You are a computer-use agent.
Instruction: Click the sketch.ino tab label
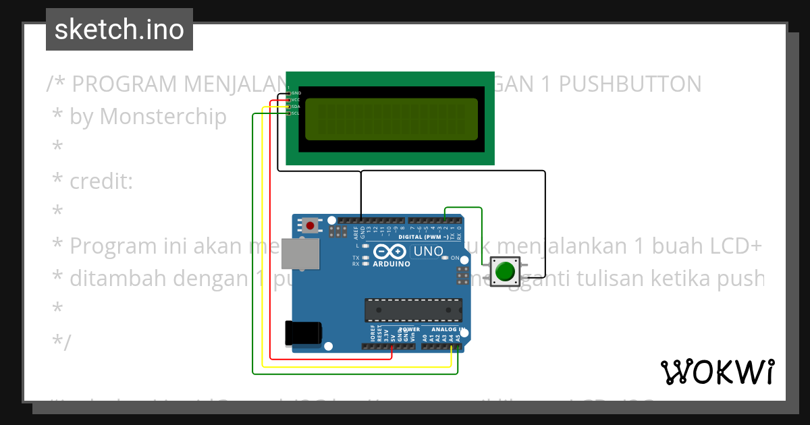tap(119, 30)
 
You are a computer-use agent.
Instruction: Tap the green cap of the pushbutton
tap(504, 272)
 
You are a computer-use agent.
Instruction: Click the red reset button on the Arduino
tap(310, 225)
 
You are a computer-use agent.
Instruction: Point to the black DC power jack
tap(303, 333)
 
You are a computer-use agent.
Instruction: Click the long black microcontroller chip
tap(413, 310)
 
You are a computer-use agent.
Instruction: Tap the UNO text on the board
tap(428, 252)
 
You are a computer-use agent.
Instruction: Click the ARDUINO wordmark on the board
tap(390, 264)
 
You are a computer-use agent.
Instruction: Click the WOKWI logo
tap(718, 372)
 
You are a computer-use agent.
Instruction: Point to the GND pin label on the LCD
tap(296, 92)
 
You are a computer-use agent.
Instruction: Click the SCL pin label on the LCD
tap(296, 113)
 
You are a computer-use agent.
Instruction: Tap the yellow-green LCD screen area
tap(391, 119)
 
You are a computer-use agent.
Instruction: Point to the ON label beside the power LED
tap(455, 258)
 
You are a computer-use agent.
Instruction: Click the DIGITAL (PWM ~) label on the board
tap(424, 237)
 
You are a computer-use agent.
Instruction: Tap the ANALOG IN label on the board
tap(441, 329)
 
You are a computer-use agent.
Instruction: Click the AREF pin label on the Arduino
tap(356, 233)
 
